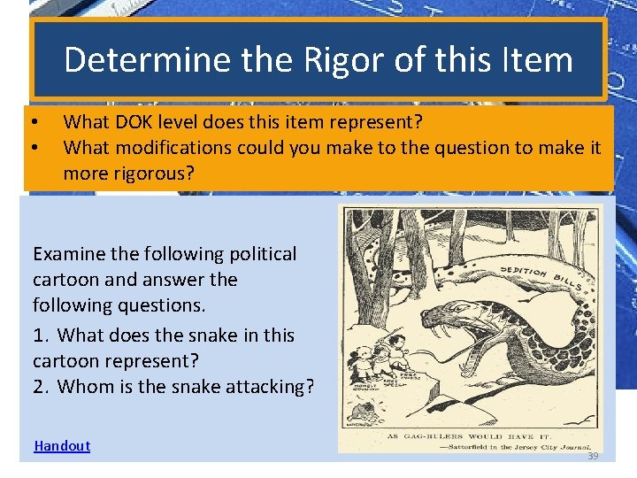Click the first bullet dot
33,121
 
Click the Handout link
62,446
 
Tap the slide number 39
593,456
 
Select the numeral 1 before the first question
38,335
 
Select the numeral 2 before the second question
38,386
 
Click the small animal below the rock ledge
364,408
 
